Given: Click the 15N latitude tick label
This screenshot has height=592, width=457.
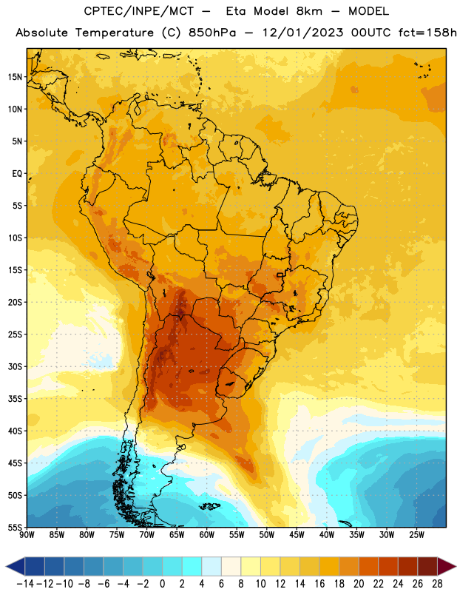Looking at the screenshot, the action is [x=15, y=77].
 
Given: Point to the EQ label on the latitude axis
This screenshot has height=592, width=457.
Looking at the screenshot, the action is [x=17, y=174].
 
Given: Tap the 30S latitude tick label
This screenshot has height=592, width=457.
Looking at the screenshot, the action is [x=15, y=367].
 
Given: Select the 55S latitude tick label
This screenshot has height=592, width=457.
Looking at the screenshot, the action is [x=15, y=528].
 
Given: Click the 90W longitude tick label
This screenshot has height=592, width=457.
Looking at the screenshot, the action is [x=27, y=535].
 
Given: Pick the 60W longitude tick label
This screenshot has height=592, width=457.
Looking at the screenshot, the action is [x=207, y=535].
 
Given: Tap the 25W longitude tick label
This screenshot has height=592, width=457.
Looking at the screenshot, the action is [x=416, y=535].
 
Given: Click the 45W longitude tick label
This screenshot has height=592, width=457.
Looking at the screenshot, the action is [x=297, y=535].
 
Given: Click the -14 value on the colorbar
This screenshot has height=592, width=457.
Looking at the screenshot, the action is [x=25, y=584].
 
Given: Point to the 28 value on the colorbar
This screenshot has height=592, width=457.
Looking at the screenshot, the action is [x=437, y=584].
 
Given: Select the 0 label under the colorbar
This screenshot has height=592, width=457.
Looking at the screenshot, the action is [x=163, y=584].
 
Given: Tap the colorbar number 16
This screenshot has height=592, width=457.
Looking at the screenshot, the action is [x=319, y=584].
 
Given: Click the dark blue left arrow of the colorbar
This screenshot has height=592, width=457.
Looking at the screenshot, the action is [x=16, y=567].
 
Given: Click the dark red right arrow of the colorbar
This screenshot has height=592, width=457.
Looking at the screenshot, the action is [x=447, y=567].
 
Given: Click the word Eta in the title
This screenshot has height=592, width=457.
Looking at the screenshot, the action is [x=235, y=11].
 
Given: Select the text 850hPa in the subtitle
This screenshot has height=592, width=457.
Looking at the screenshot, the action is [x=212, y=33].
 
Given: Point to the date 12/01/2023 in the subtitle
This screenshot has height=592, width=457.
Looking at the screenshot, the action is [x=302, y=33].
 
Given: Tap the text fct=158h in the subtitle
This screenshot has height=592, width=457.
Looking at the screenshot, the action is [x=427, y=33].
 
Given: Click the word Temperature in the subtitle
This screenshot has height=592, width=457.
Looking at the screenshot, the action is [x=115, y=33].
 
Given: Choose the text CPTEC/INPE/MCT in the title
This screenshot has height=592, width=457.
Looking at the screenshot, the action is [x=139, y=11].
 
